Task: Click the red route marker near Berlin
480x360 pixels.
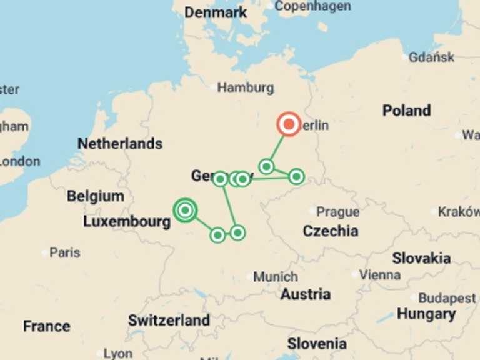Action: (289, 124)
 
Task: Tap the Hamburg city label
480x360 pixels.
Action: (245, 87)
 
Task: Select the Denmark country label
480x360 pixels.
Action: (216, 12)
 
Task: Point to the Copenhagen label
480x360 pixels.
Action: (312, 6)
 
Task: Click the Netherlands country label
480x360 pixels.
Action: (119, 144)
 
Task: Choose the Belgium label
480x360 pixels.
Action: (96, 196)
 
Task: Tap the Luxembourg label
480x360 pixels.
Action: (127, 222)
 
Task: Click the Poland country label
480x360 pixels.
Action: (406, 111)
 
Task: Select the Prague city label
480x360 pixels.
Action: (337, 212)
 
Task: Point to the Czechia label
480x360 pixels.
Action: (331, 231)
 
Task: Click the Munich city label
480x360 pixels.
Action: (276, 276)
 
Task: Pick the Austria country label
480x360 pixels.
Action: (306, 294)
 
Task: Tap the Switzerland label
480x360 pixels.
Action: (169, 321)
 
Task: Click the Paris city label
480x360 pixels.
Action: (64, 252)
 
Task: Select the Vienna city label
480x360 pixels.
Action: (380, 274)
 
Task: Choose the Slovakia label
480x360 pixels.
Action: (421, 258)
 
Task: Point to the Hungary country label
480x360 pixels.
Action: (426, 314)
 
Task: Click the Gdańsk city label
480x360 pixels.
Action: (431, 57)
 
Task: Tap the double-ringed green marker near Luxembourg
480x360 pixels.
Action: (185, 211)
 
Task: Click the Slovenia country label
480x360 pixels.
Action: (316, 344)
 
